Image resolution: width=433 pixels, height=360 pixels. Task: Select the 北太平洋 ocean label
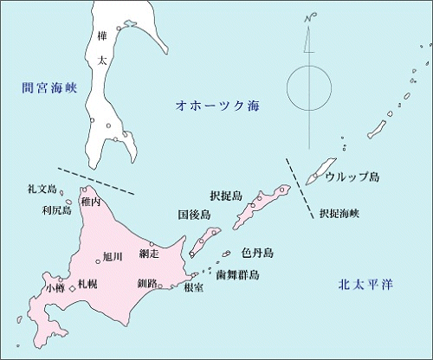365,285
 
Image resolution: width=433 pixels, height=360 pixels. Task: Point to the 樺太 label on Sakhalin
103,49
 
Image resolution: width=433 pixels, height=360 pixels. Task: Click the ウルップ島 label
352,177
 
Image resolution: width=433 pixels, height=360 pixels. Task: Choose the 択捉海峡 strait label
344,212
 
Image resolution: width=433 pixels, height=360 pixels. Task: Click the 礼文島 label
41,189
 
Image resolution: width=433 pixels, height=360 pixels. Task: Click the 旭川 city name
112,256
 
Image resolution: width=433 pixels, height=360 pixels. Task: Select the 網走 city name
149,254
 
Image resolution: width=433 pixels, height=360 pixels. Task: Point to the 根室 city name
194,288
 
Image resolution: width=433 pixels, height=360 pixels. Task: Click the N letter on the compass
307,18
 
